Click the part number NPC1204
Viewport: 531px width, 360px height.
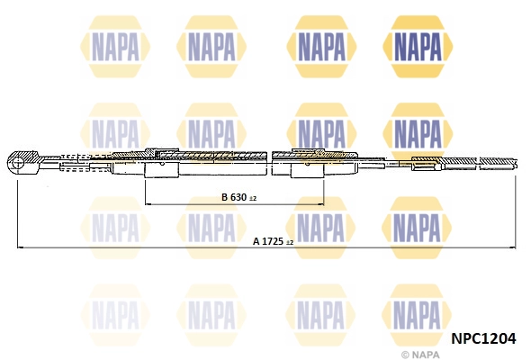click(x=482, y=338)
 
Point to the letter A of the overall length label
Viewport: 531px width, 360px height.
click(x=256, y=241)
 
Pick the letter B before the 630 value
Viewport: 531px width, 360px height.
click(x=224, y=197)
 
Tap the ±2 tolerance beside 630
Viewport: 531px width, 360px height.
click(x=253, y=198)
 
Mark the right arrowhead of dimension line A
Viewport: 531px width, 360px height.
click(x=512, y=247)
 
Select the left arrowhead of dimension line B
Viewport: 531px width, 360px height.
click(x=148, y=203)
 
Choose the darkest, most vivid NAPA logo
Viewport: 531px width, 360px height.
click(x=418, y=43)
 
